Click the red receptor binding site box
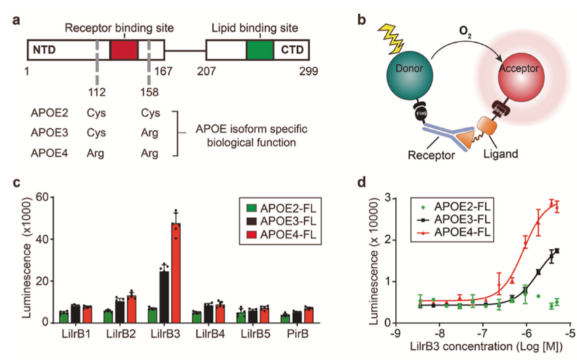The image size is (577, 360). coord(124,51)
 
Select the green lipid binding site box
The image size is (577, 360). coord(260,51)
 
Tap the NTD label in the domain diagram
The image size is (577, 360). coord(45,51)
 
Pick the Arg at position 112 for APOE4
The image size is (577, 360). coord(96,153)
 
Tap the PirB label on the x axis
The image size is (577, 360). coord(292,336)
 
